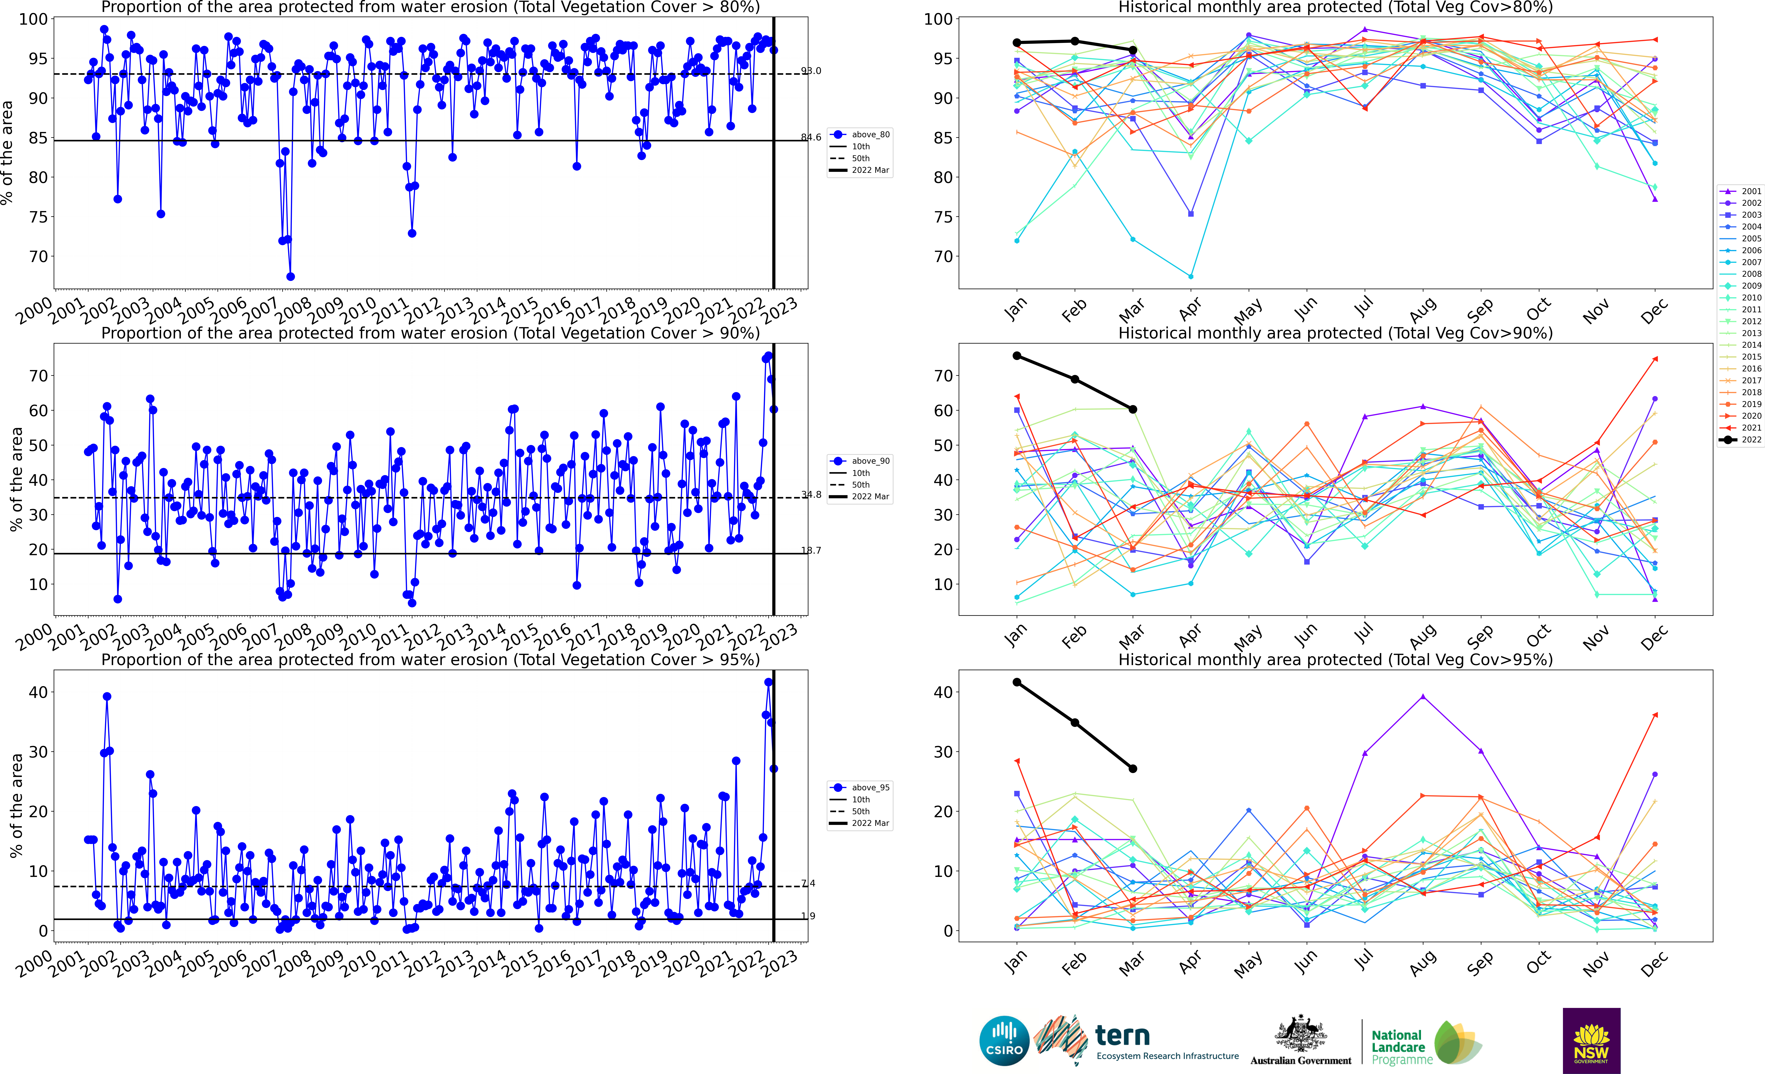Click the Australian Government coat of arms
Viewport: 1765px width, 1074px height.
(1300, 1035)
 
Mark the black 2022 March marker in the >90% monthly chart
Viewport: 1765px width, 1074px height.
(1132, 410)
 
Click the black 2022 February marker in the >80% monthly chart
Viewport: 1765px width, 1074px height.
(1074, 41)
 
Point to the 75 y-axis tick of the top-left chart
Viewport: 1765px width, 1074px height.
(37, 217)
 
